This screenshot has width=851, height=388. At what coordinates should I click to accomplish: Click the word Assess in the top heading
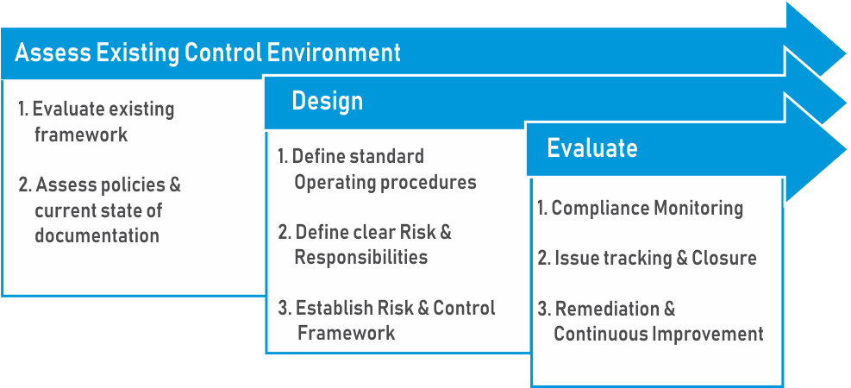(x=53, y=53)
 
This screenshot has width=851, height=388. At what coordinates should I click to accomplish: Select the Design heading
(x=328, y=102)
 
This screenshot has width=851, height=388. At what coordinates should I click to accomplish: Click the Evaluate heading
(x=592, y=147)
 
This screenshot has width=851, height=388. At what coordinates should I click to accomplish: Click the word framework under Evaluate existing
(x=81, y=134)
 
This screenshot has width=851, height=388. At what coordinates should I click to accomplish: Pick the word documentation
(x=97, y=235)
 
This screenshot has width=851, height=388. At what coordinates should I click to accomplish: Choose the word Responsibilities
(x=361, y=257)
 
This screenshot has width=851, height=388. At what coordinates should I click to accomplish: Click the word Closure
(x=724, y=259)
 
